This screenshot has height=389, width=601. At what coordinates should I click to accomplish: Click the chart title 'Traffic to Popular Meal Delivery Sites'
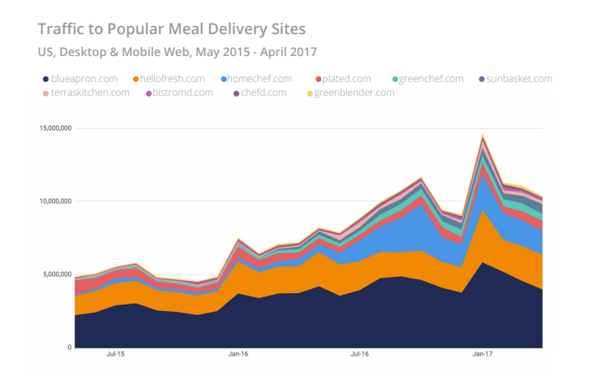point(172,29)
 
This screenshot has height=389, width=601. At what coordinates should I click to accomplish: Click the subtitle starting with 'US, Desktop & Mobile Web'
point(177,52)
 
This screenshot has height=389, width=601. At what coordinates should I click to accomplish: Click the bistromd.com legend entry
point(180,93)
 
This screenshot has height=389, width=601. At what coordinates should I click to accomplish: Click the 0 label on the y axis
point(69,348)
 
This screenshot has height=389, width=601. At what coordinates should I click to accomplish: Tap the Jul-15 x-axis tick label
point(116,354)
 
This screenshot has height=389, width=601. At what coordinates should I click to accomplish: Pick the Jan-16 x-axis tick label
point(238,354)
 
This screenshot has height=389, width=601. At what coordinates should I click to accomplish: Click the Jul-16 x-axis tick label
point(360,354)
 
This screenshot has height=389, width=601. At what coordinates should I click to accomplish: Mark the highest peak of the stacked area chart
point(483,135)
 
